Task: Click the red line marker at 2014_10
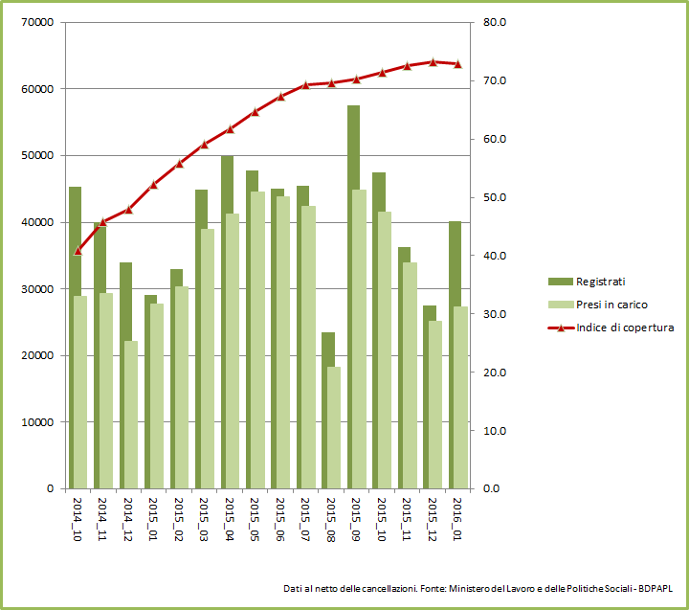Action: [78, 251]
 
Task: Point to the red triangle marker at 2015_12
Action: [433, 62]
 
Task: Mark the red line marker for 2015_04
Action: [230, 129]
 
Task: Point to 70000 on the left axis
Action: [36, 22]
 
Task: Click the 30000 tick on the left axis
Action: [36, 289]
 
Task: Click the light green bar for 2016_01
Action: [460, 397]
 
